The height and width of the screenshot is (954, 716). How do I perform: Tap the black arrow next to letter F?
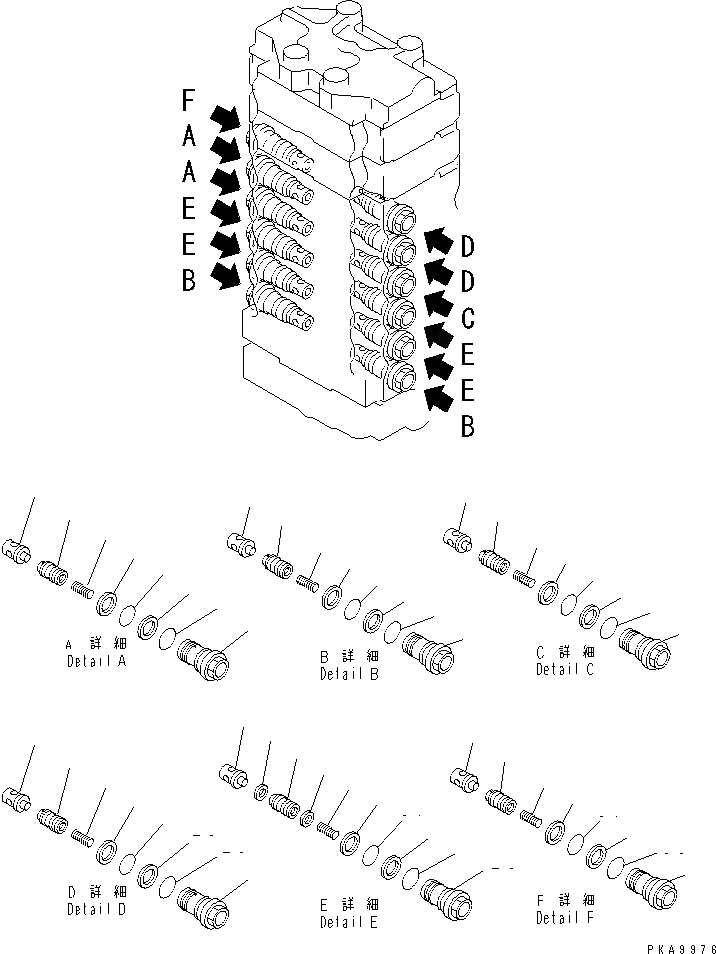(x=227, y=118)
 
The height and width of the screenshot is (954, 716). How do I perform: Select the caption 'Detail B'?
(x=349, y=673)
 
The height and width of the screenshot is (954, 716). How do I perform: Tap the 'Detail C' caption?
(x=565, y=668)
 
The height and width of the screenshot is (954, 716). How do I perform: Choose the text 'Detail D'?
(x=96, y=909)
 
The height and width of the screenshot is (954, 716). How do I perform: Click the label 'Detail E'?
(x=349, y=922)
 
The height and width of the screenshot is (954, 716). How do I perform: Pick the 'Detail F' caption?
(x=565, y=917)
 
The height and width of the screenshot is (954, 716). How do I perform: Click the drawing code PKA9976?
(x=676, y=945)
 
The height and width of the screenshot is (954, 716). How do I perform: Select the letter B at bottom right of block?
(x=467, y=428)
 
